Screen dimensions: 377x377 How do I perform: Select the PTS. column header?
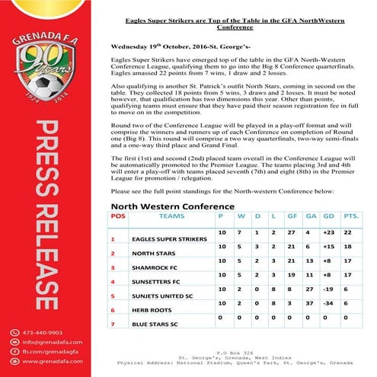tap(351, 216)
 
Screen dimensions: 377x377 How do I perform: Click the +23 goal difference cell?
tap(330, 230)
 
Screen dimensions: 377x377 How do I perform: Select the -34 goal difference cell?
tap(330, 302)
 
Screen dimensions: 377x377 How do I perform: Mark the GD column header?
tap(328, 216)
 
